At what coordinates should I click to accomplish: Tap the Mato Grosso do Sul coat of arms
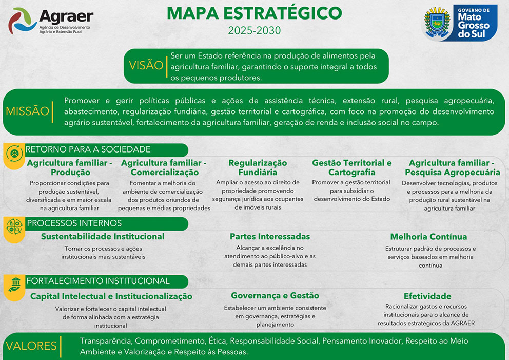(x=437, y=23)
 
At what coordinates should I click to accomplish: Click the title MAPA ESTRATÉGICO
(x=254, y=13)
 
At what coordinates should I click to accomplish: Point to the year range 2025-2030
(x=254, y=30)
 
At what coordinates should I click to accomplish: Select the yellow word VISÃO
(x=146, y=65)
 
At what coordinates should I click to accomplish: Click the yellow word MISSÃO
(x=27, y=111)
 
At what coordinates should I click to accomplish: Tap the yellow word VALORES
(x=31, y=346)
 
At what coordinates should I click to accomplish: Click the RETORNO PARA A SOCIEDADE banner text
(x=88, y=149)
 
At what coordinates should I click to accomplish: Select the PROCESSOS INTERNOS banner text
(x=74, y=223)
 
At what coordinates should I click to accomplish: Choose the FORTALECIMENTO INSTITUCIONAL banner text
(x=98, y=281)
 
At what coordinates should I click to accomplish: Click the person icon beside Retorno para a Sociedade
(x=14, y=154)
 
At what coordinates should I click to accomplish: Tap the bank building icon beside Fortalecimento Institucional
(x=15, y=285)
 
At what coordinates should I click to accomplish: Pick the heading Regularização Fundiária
(x=258, y=167)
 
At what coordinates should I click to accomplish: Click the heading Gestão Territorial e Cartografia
(x=352, y=167)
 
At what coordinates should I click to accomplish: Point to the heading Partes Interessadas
(x=270, y=237)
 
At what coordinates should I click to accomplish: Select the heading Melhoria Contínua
(x=428, y=237)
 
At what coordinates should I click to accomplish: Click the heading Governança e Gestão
(x=275, y=296)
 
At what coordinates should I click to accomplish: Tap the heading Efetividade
(x=427, y=296)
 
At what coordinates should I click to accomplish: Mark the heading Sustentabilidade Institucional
(x=103, y=237)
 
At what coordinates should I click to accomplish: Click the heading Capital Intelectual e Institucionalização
(x=111, y=296)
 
